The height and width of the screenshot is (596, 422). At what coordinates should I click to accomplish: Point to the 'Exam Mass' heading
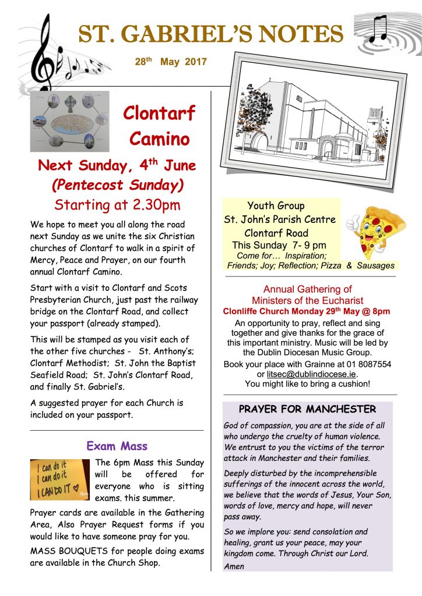click(x=117, y=446)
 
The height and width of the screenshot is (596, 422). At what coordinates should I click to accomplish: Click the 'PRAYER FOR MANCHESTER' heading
click(x=307, y=409)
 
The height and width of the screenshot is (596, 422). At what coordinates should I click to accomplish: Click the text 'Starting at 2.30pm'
click(x=117, y=205)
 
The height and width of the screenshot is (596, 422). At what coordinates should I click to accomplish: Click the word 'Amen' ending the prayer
click(x=234, y=566)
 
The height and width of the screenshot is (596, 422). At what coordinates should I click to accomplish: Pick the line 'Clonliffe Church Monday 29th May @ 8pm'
click(x=307, y=311)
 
